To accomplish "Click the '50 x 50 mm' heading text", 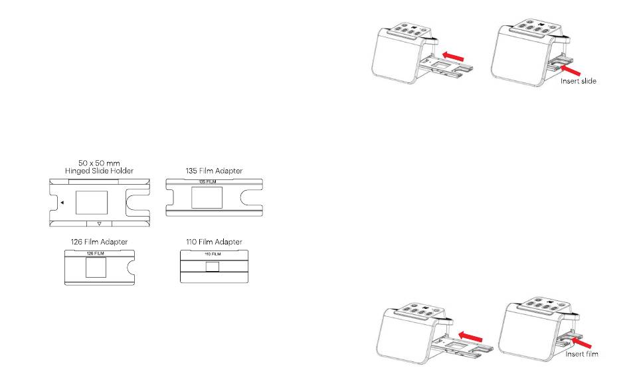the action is [99, 163].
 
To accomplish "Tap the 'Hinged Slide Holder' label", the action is [99, 171].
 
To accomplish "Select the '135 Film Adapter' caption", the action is [214, 171].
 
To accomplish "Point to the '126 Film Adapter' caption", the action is [100, 242].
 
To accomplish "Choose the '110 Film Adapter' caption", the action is [214, 242].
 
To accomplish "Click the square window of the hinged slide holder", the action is [92, 203].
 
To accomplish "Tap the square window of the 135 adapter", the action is [207, 197].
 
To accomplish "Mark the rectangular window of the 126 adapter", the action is [96, 267].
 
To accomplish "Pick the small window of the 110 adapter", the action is [213, 266].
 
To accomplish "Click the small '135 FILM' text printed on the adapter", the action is [208, 182].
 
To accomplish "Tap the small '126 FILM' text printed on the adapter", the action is [96, 254].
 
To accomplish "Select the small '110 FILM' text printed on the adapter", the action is [213, 254].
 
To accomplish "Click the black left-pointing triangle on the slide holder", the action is [62, 203].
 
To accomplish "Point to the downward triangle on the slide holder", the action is [100, 223].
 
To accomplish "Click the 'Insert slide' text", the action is [579, 81].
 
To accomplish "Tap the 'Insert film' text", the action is [581, 354].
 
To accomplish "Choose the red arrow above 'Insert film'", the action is [581, 343].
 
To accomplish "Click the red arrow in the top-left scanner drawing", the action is [453, 56].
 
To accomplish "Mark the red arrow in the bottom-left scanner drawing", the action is [470, 336].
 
